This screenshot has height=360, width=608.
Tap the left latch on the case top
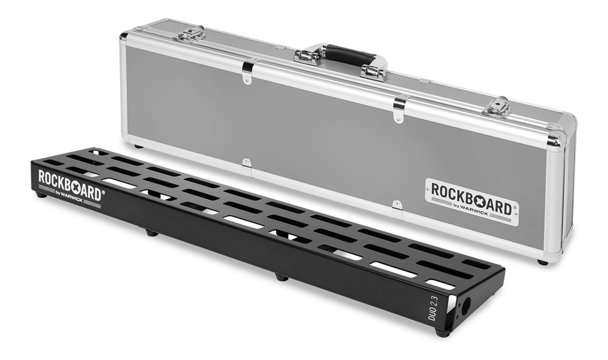click(x=189, y=34)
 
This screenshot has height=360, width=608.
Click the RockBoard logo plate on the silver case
click(x=472, y=202)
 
